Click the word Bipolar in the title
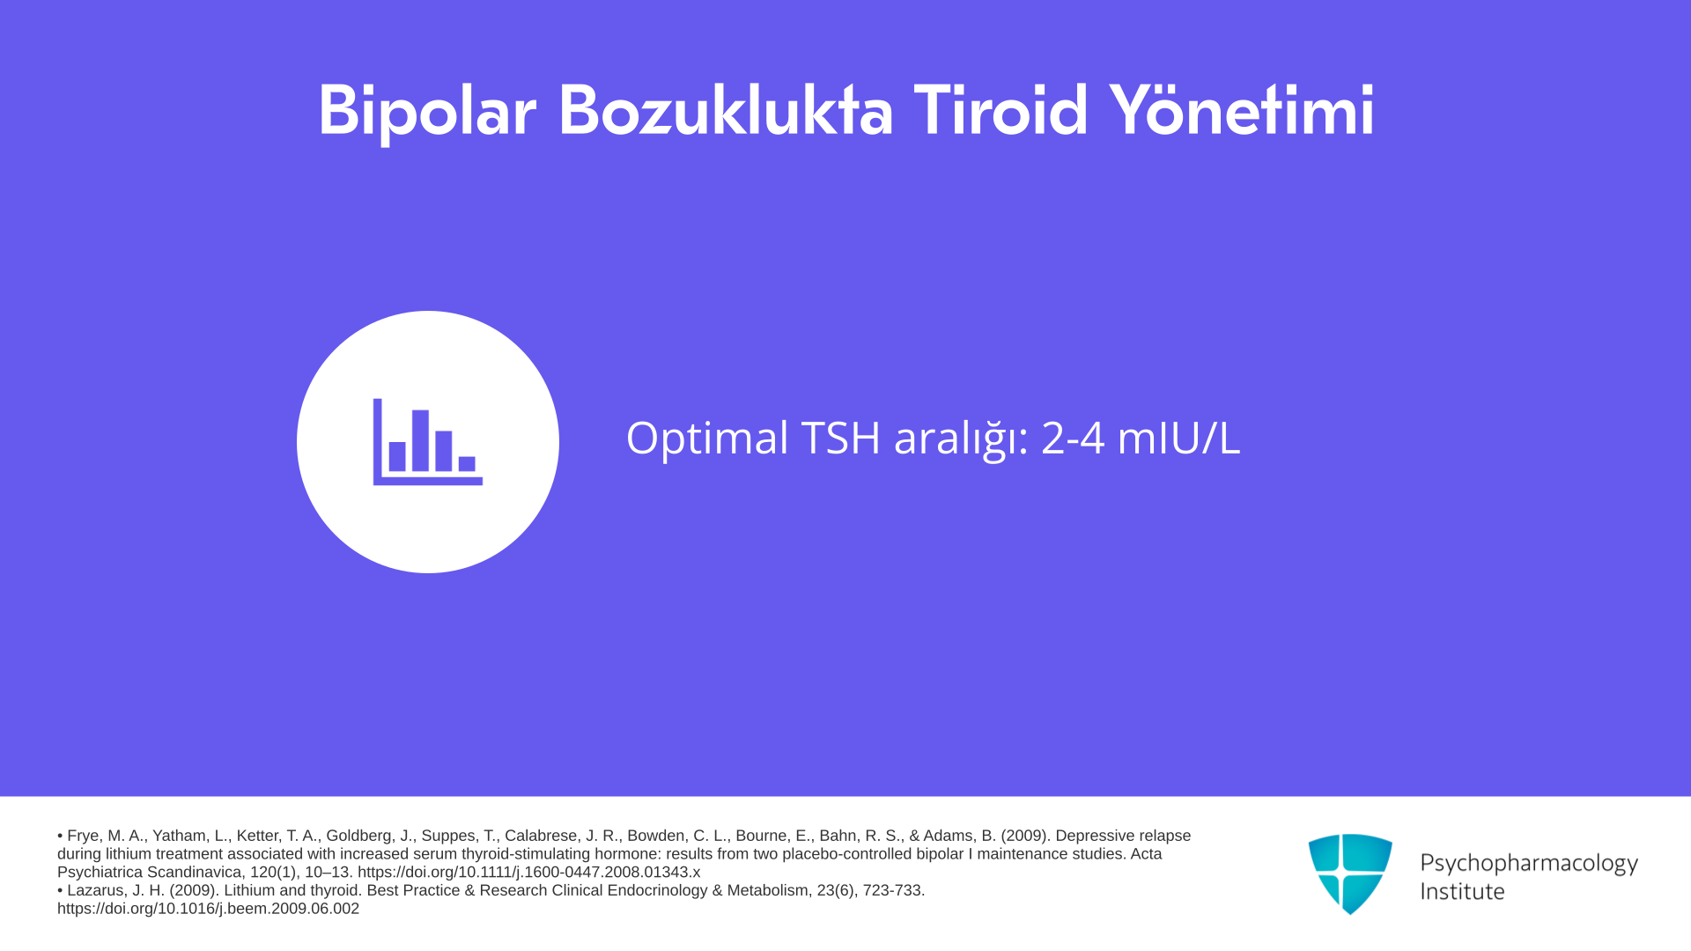pyautogui.click(x=427, y=112)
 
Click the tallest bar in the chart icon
pyautogui.click(x=420, y=440)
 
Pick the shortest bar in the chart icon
pyautogui.click(x=467, y=464)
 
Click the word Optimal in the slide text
pyautogui.click(x=707, y=439)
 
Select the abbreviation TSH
pyautogui.click(x=840, y=438)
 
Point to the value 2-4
pyautogui.click(x=1073, y=438)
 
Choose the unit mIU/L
pyautogui.click(x=1178, y=438)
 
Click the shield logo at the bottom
pyautogui.click(x=1350, y=874)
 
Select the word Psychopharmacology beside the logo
pyautogui.click(x=1529, y=864)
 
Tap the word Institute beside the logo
pyautogui.click(x=1462, y=891)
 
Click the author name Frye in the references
pyautogui.click(x=83, y=836)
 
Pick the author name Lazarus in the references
pyautogui.click(x=97, y=890)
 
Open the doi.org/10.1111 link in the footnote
pyautogui.click(x=528, y=873)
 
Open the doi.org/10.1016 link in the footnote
pyautogui.click(x=208, y=909)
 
